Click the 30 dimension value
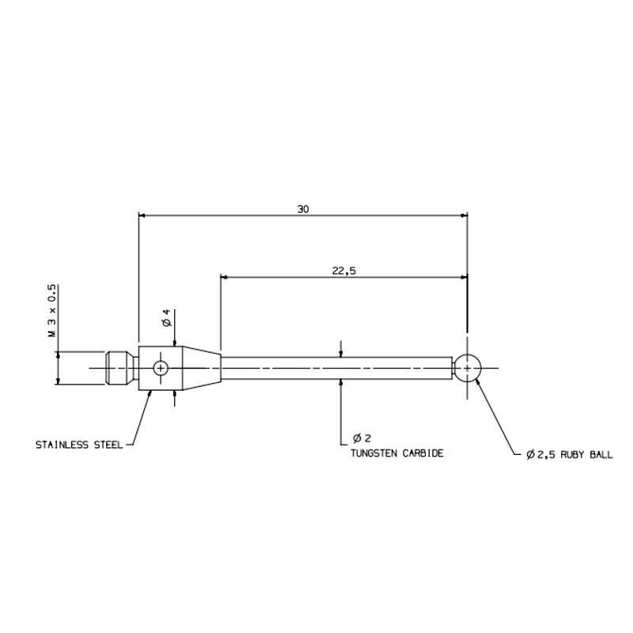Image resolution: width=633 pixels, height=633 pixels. pyautogui.click(x=303, y=209)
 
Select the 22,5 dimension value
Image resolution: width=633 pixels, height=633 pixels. pyautogui.click(x=344, y=271)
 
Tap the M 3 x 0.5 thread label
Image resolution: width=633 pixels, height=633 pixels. pyautogui.click(x=52, y=311)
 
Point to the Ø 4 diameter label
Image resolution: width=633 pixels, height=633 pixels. pyautogui.click(x=168, y=318)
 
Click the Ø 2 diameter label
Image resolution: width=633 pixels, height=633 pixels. pyautogui.click(x=362, y=438)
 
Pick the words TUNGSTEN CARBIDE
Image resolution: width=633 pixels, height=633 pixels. pyautogui.click(x=397, y=453)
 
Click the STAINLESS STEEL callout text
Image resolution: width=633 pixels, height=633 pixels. pyautogui.click(x=79, y=445)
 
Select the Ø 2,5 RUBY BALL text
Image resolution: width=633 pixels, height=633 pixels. pyautogui.click(x=569, y=454)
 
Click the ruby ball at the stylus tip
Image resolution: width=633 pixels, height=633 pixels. pyautogui.click(x=467, y=368)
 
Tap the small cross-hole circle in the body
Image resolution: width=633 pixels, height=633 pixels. pyautogui.click(x=161, y=368)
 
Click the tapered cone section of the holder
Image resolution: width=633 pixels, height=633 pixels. pyautogui.click(x=202, y=368)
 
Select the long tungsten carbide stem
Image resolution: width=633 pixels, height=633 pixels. pyautogui.click(x=337, y=368)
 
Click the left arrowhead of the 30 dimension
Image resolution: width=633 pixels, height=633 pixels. pyautogui.click(x=142, y=215)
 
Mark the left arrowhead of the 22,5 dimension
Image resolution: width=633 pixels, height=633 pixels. pyautogui.click(x=225, y=277)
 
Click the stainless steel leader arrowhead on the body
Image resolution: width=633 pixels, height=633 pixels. pyautogui.click(x=150, y=393)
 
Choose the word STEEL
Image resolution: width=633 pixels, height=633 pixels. pyautogui.click(x=108, y=445)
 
